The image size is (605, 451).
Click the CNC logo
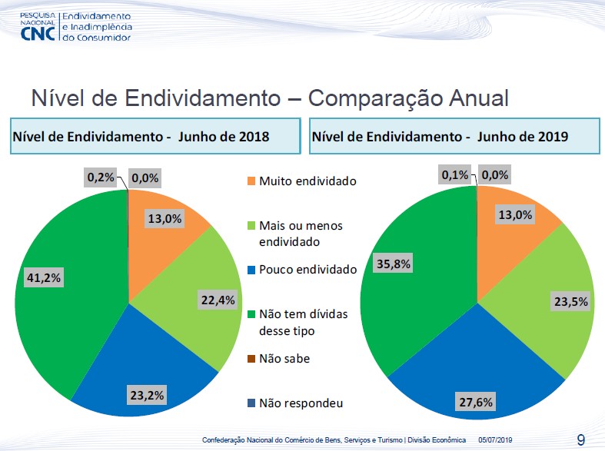point(38,32)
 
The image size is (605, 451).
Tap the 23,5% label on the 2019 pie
point(570,301)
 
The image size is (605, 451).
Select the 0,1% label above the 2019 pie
point(455,176)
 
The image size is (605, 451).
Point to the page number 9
point(581,439)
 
